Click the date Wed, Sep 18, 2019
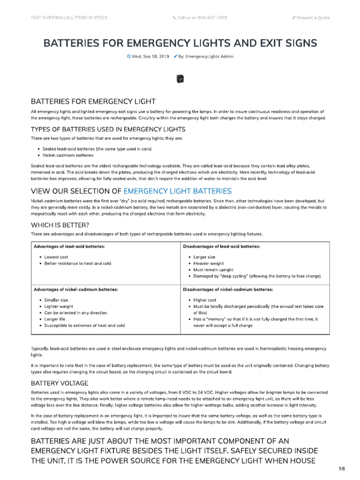pos(150,56)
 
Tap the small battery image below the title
pos(180,80)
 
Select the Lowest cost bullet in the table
pos(56,257)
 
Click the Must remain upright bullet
pos(212,270)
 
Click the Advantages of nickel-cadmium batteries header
pos(75,290)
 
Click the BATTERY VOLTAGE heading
pos(59,383)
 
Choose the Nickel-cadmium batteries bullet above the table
pos(68,155)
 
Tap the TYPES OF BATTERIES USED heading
pos(108,129)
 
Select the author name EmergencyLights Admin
pos(210,56)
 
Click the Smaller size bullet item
pos(56,300)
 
